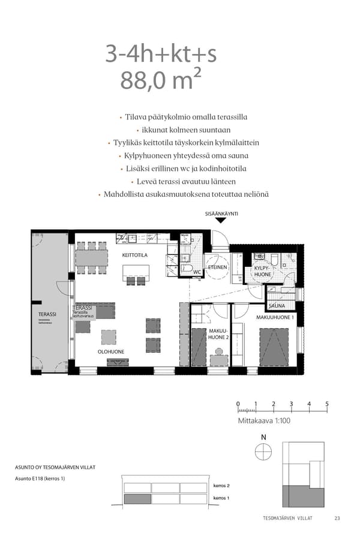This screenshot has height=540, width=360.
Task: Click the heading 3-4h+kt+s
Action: [161, 54]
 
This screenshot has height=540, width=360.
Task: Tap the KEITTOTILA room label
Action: [135, 255]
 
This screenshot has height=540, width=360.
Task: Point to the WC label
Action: [196, 272]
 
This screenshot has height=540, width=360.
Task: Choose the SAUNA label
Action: [277, 306]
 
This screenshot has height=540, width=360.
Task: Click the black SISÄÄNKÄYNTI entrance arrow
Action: [221, 220]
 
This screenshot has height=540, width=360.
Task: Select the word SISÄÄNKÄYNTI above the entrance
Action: [221, 213]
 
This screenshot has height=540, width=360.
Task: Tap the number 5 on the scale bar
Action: [327, 404]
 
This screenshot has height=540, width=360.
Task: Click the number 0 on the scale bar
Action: [238, 404]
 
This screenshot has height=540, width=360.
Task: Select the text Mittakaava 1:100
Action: [264, 421]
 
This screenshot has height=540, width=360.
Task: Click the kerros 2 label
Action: [222, 485]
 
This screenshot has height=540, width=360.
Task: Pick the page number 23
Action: [337, 518]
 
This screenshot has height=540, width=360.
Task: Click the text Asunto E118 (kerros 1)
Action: [40, 478]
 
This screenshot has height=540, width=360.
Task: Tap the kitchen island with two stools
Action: [137, 272]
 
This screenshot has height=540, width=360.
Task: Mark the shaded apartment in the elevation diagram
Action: [137, 499]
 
